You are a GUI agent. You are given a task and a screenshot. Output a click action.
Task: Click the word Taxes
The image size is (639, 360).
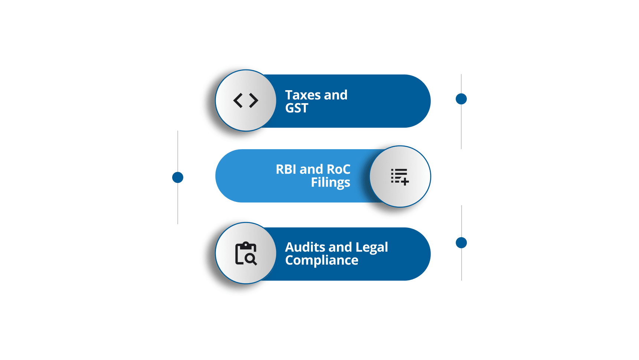303,95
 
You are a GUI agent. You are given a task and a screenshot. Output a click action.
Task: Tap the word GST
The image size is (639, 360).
296,108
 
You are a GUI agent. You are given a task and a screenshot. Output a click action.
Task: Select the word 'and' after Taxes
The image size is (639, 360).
335,95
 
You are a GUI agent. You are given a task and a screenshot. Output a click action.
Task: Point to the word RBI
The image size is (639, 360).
286,169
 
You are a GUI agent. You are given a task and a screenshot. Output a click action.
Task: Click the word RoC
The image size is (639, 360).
338,169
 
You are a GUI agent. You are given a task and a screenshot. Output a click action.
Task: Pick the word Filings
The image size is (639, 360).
330,183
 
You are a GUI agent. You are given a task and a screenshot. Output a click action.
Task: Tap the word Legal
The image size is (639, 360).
371,248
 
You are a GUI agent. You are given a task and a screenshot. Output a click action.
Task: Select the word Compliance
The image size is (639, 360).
321,261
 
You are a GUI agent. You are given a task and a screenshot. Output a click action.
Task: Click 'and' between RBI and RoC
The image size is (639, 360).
311,169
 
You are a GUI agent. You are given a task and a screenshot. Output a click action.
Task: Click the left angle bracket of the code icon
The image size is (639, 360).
238,101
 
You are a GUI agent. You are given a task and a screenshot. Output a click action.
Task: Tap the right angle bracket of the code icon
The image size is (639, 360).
254,101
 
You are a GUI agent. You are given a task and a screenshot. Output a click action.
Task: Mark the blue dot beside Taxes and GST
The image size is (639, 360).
461,99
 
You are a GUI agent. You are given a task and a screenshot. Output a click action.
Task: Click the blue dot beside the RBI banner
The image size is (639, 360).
178,177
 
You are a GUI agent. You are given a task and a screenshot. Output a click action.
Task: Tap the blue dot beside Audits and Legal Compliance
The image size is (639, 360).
461,243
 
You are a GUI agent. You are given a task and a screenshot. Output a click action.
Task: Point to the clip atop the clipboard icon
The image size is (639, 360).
246,245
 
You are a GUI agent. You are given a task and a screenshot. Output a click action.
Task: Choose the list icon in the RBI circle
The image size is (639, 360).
400,176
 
